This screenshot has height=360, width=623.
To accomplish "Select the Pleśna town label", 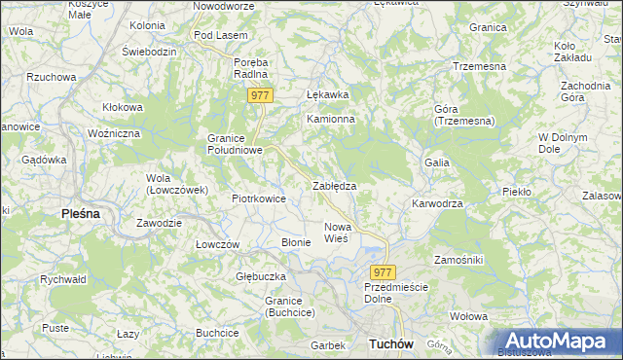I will point(81,212).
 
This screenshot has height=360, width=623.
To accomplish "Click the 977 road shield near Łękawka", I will point(259,95).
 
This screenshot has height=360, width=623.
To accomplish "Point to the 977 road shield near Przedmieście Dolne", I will point(383,273).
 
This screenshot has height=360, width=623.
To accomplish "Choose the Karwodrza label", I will point(437,204).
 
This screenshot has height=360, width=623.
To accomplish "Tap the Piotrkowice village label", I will point(258,198).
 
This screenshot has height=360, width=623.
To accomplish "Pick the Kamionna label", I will point(331,119).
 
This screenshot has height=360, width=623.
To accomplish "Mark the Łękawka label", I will point(327,95).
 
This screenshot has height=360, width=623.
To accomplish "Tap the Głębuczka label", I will point(258,276).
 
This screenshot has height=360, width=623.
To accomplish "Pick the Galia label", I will point(436,162).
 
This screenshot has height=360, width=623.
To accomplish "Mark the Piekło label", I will point(517,192).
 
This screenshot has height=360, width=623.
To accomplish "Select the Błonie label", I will point(296,242).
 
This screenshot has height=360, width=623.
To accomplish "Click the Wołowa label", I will point(468,316).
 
